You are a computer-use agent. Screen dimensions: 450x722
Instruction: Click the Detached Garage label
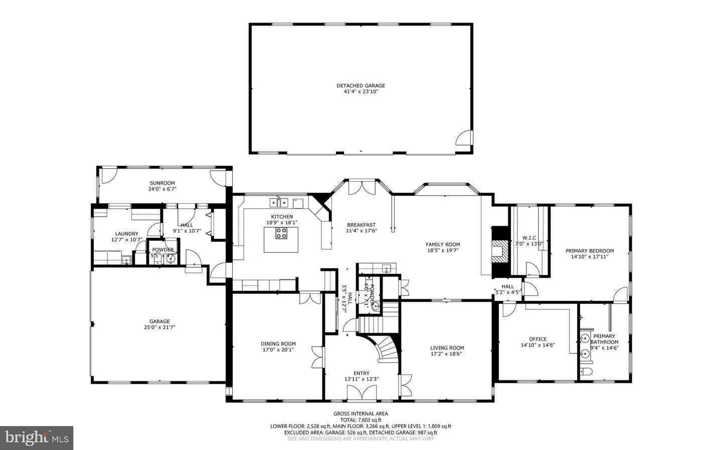tap(360, 86)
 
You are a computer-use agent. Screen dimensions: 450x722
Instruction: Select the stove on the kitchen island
tap(281, 233)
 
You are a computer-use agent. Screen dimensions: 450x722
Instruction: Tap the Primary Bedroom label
tap(589, 251)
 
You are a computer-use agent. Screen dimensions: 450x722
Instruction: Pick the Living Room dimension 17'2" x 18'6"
tap(447, 354)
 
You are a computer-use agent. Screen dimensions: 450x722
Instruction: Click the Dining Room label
tap(278, 344)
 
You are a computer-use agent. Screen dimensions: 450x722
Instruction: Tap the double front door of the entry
tap(361, 393)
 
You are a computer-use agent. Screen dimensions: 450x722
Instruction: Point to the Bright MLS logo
tap(37, 438)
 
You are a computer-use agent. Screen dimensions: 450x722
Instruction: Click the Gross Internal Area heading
tap(360, 413)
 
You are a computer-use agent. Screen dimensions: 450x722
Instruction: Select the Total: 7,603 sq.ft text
tap(360, 420)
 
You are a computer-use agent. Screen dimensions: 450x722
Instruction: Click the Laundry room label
tap(126, 234)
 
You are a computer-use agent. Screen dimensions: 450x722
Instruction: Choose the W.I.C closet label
tap(529, 238)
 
